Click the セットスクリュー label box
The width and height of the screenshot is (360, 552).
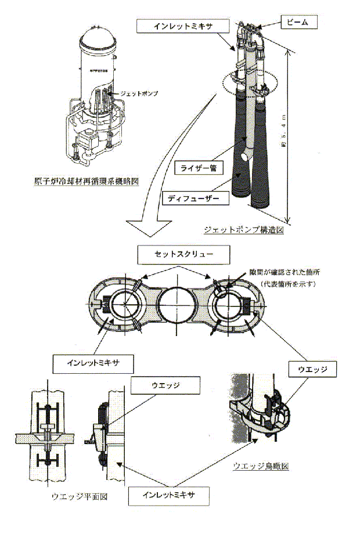coord(183,254)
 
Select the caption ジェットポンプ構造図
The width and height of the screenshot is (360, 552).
coord(243,230)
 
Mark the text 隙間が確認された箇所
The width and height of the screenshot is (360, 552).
coord(277,270)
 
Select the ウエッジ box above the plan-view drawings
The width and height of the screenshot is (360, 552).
coord(166,384)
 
